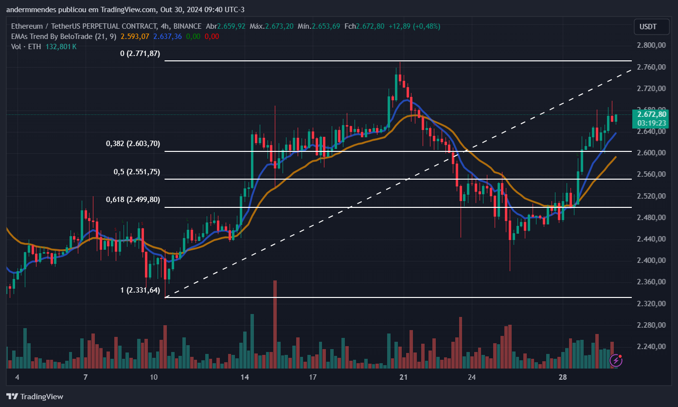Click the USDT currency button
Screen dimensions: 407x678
tap(651, 27)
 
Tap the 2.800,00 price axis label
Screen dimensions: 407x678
tap(651, 45)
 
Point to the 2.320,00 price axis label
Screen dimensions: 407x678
tap(651, 304)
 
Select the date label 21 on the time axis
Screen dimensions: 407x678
tap(403, 377)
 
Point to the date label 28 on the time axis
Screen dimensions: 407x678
tap(563, 377)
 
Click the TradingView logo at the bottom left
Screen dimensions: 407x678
tap(35, 396)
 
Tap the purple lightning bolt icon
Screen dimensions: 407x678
tap(616, 360)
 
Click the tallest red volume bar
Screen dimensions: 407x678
tap(275, 324)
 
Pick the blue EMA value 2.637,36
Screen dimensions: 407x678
tap(167, 36)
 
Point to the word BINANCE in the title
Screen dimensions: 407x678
tap(187, 26)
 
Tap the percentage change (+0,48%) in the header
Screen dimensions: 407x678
tap(427, 26)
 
